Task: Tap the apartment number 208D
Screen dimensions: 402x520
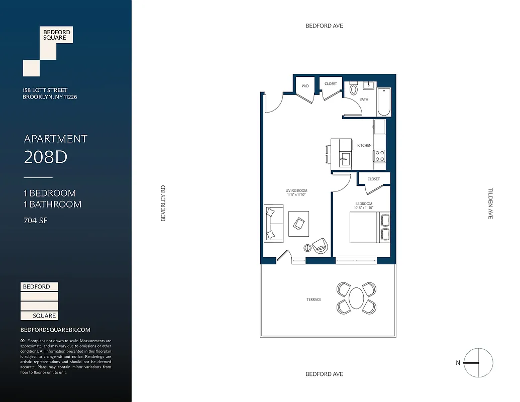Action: coord(46,157)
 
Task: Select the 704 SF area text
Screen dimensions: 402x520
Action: coord(36,220)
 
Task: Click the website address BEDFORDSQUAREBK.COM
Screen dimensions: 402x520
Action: coord(55,330)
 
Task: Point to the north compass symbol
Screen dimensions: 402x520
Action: coord(478,363)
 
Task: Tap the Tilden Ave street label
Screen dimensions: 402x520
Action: coord(491,204)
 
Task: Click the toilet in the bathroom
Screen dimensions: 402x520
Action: coord(353,89)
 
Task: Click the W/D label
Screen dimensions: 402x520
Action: coord(305,86)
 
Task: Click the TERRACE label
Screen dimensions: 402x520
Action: coord(314,299)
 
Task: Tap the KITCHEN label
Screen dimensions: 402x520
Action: coord(364,145)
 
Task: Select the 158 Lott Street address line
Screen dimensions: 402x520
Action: coord(45,90)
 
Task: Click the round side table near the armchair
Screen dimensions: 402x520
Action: coord(307,248)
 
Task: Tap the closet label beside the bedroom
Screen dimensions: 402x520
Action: coord(373,179)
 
